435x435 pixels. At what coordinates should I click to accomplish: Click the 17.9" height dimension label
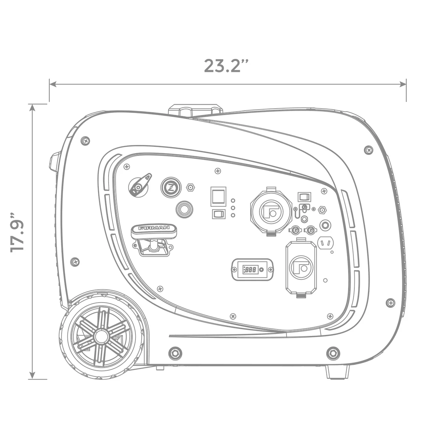coord(18,233)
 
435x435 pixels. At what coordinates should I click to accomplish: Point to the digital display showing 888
coord(251,270)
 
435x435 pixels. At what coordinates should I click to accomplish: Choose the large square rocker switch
coord(218,196)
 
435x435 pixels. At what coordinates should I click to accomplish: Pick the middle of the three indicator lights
coord(233,208)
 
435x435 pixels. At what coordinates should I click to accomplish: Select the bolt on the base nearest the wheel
coord(175,352)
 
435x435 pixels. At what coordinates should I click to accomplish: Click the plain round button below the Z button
coord(184,209)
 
